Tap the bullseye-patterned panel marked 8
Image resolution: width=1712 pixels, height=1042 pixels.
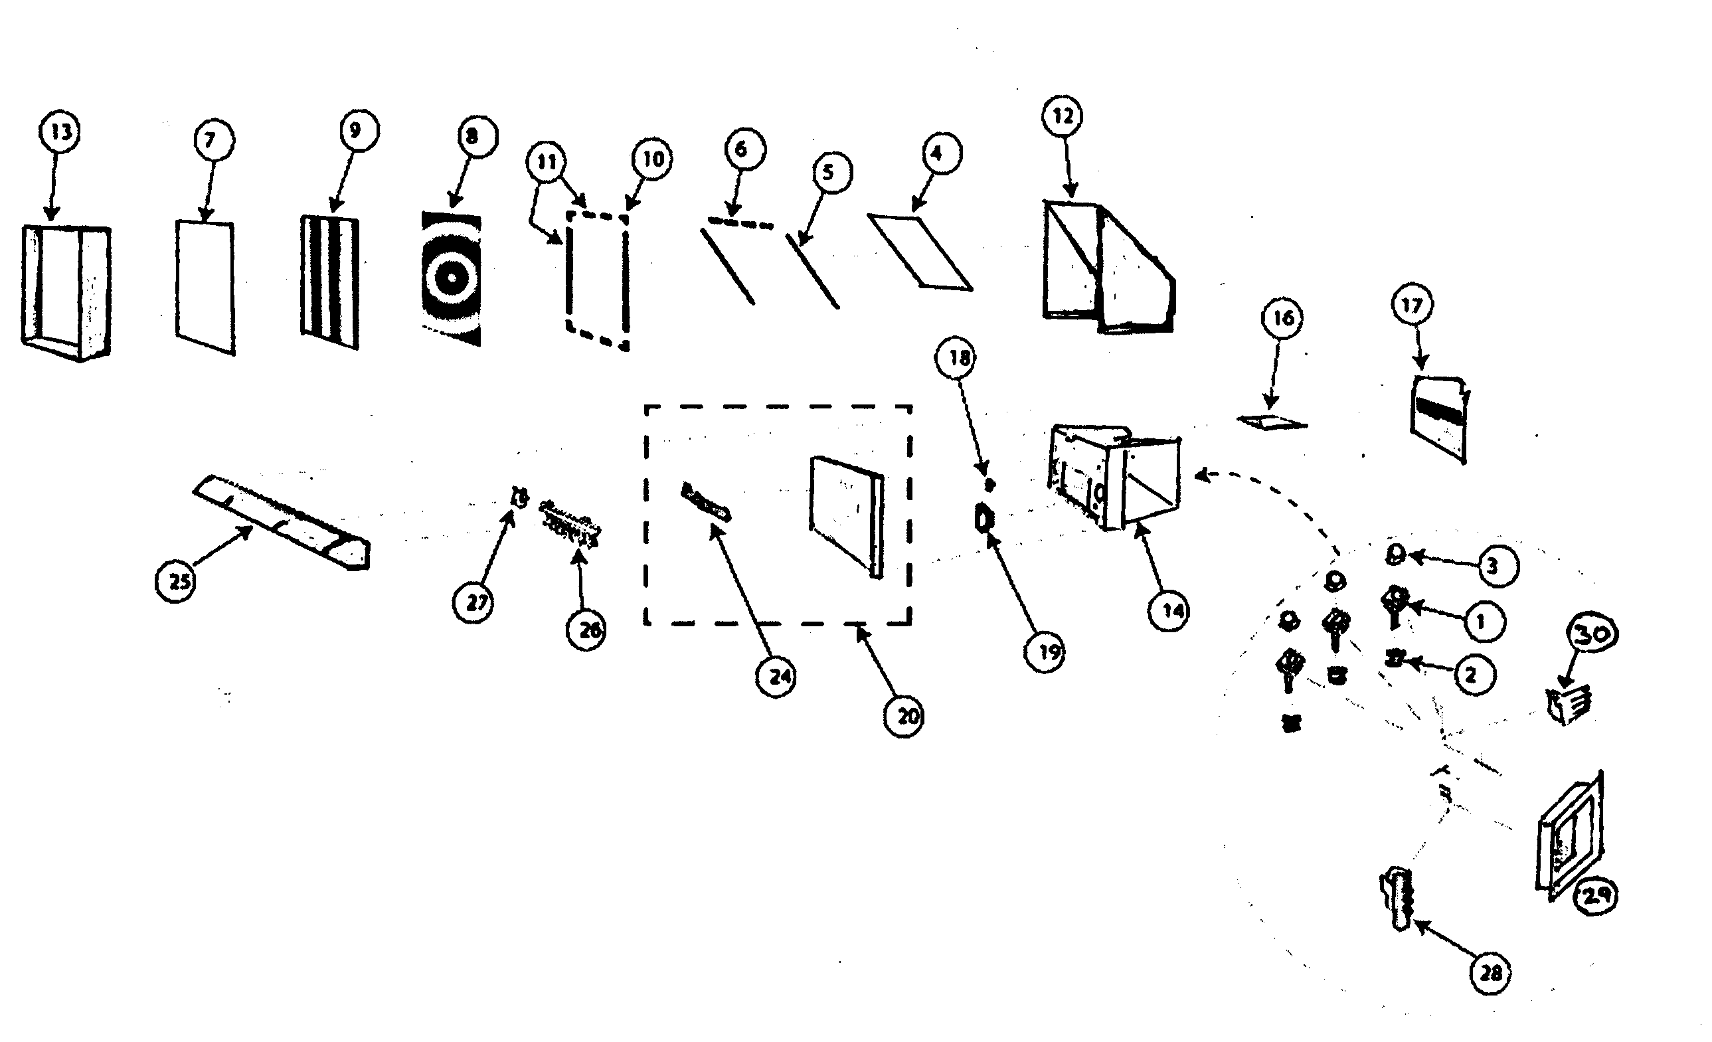pos(451,278)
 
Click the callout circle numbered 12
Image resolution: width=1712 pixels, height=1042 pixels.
pos(1063,116)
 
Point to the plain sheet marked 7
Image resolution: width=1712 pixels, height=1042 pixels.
pos(205,286)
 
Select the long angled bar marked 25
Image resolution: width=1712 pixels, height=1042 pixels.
pos(282,521)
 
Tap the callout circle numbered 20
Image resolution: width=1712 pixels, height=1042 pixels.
pos(904,715)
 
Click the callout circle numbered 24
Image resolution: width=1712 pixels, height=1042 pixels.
pos(777,676)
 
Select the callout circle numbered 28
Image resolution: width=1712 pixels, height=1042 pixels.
pos(1491,972)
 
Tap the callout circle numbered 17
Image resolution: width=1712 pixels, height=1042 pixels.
pos(1412,304)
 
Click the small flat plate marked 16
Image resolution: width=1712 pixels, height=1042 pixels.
pos(1272,422)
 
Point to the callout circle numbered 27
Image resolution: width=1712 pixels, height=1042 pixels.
pos(474,602)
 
